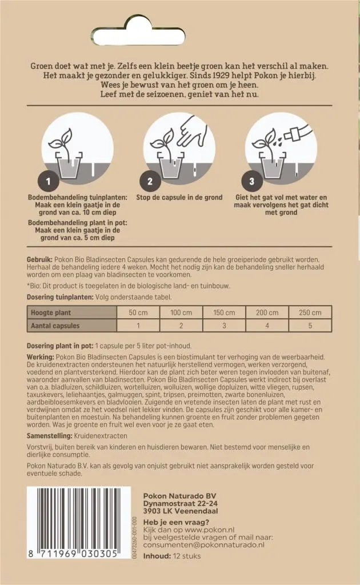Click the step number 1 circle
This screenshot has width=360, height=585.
[49, 182]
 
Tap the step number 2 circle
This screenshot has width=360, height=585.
[150, 182]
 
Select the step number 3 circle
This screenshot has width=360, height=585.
[252, 182]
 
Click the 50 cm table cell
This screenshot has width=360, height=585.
[138, 312]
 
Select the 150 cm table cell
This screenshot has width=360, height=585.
[224, 312]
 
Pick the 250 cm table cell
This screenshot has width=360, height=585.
[310, 312]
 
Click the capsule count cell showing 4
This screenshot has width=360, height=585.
[267, 326]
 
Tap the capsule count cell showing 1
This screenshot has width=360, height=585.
[138, 326]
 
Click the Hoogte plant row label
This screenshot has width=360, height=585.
[51, 312]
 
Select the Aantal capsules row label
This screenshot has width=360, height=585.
[55, 326]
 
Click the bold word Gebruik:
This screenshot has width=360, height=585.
[40, 259]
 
